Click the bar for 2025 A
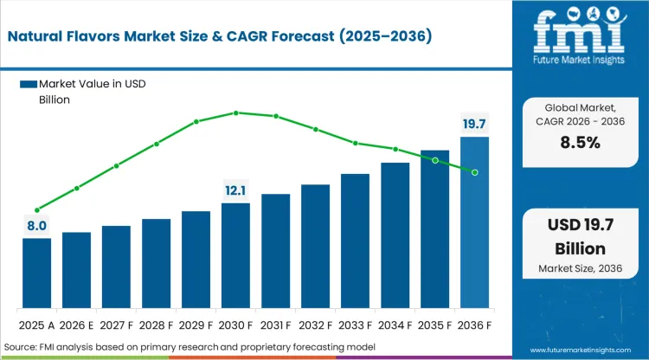(x=36, y=273)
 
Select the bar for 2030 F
(x=235, y=256)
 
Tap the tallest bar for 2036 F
(x=474, y=222)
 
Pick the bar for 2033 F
(x=355, y=241)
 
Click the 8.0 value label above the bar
(x=35, y=227)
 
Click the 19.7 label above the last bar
(x=474, y=125)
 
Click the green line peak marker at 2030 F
(x=235, y=112)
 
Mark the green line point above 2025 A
(x=36, y=209)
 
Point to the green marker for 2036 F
(x=474, y=172)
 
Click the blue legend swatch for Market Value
(x=29, y=84)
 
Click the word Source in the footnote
(x=21, y=347)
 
